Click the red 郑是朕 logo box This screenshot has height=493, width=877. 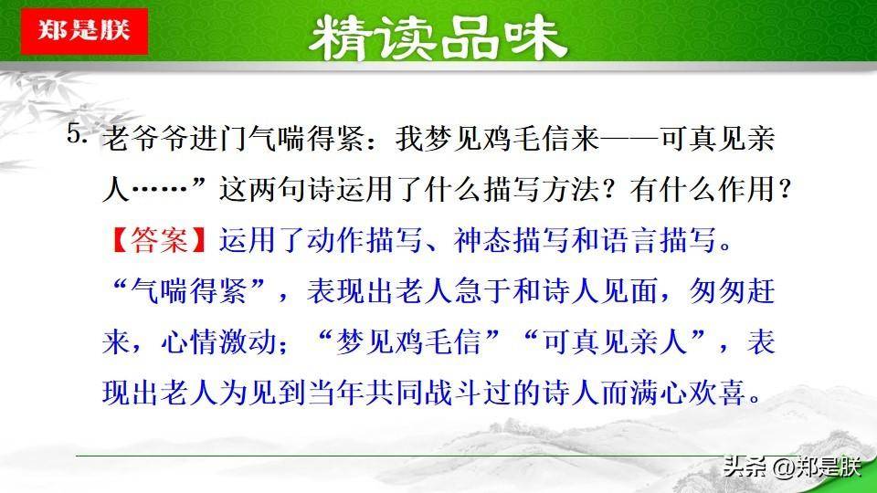(x=84, y=31)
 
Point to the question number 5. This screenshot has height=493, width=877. (x=77, y=133)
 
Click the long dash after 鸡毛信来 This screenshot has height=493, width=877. (x=630, y=138)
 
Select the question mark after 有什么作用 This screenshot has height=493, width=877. (x=784, y=189)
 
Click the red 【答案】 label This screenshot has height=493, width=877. (x=159, y=240)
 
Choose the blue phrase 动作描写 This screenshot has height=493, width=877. (x=365, y=240)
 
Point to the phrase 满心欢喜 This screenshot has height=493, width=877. (x=688, y=393)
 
